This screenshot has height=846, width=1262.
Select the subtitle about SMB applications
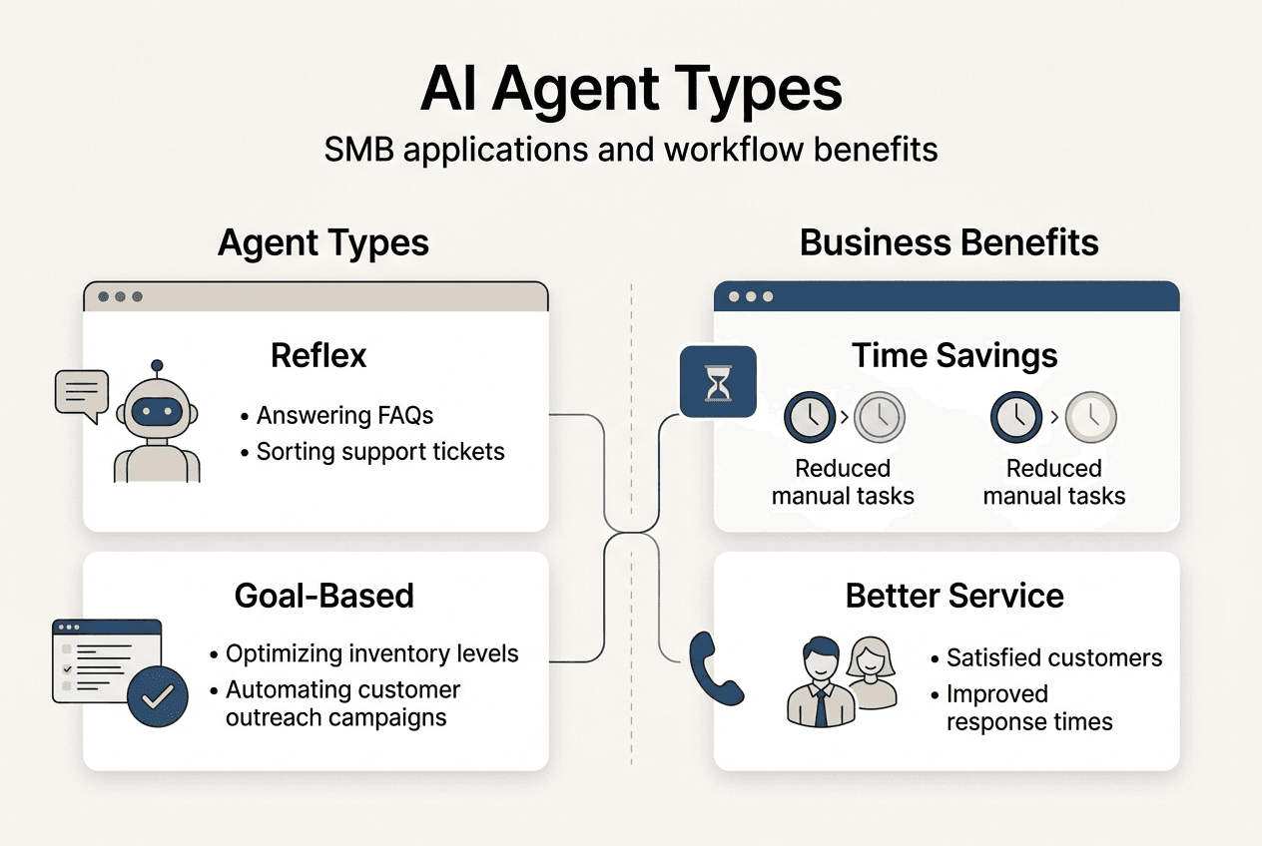click(631, 150)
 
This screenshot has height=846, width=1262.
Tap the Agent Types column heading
click(323, 242)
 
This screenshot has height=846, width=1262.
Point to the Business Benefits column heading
click(948, 242)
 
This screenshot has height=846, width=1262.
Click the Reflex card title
click(318, 356)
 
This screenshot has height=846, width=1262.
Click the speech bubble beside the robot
click(81, 394)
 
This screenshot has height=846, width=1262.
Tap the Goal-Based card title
click(323, 596)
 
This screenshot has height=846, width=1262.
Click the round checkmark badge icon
click(158, 697)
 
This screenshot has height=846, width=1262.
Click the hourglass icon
click(718, 382)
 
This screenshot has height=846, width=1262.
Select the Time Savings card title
click(954, 356)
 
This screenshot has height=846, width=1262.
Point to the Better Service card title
click(954, 596)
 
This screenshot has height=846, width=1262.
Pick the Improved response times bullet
click(1028, 707)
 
